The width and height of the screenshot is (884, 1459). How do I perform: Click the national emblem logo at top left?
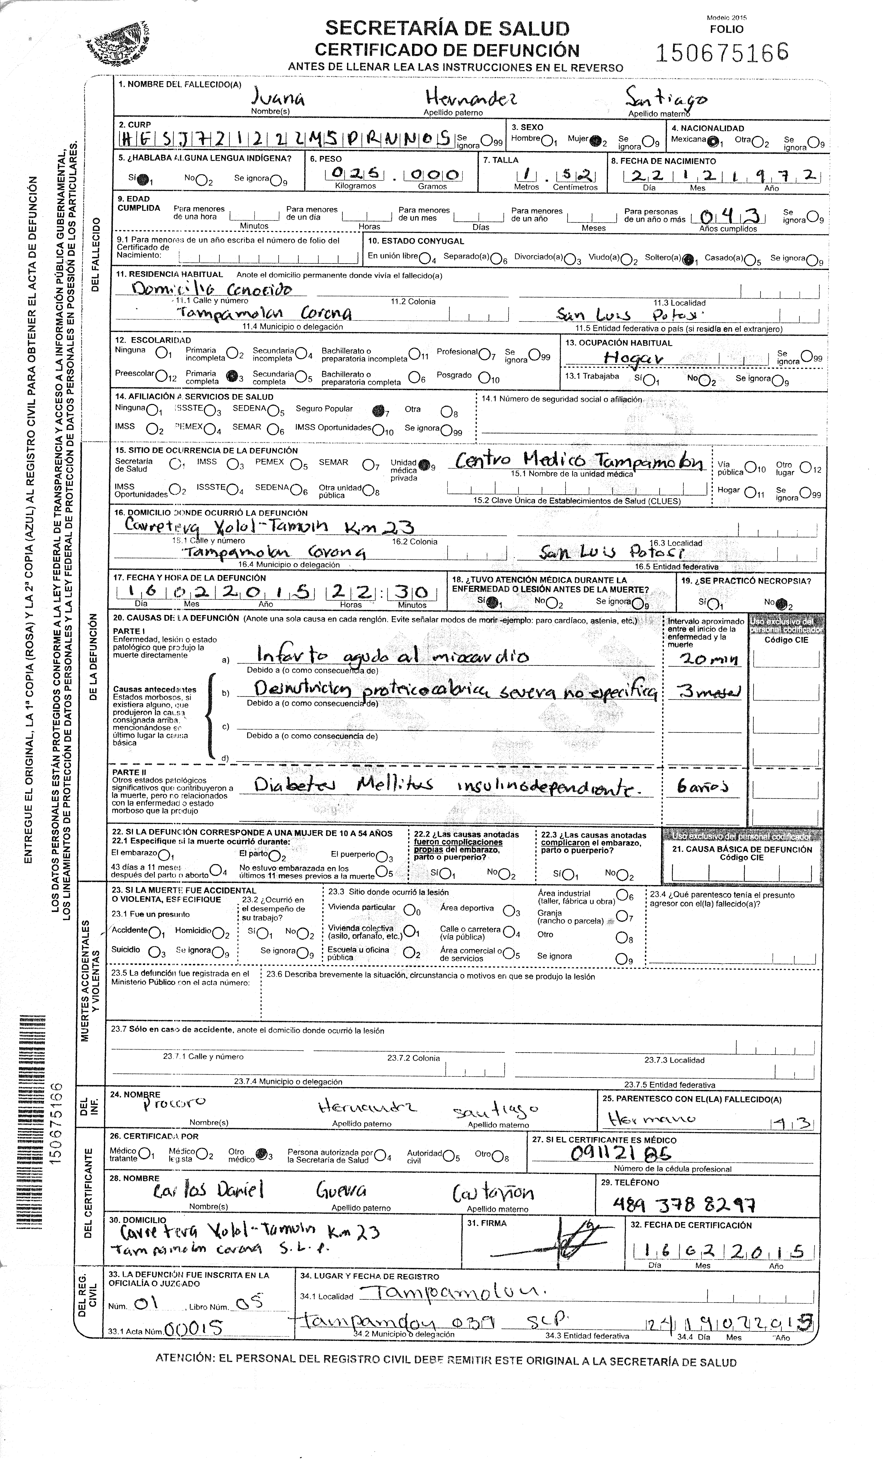pos(118,44)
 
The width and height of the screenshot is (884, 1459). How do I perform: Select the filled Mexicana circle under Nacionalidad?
pos(713,141)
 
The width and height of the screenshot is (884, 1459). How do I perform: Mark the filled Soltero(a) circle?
pos(687,259)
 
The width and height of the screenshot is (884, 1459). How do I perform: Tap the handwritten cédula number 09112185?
pos(621,1153)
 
